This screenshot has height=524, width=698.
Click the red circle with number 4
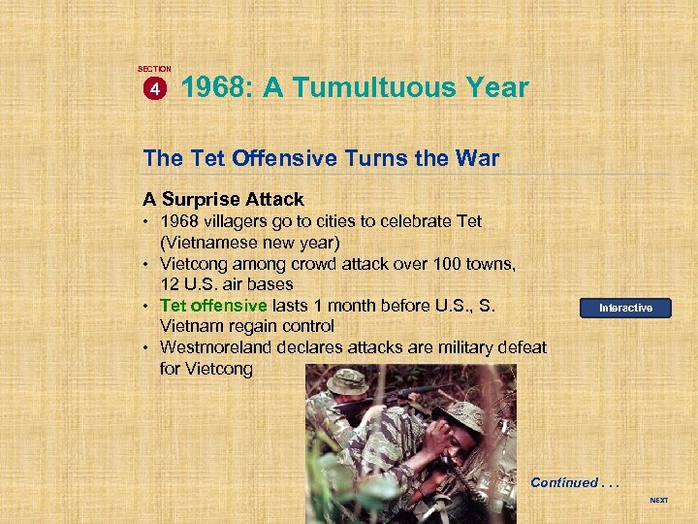tap(154, 89)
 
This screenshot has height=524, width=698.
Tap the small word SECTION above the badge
tap(154, 69)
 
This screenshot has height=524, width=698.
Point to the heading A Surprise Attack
tap(223, 199)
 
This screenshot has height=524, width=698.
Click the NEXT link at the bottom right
tap(658, 501)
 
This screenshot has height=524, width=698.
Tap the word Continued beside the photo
tap(564, 482)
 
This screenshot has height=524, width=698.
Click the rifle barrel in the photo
tap(427, 391)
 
